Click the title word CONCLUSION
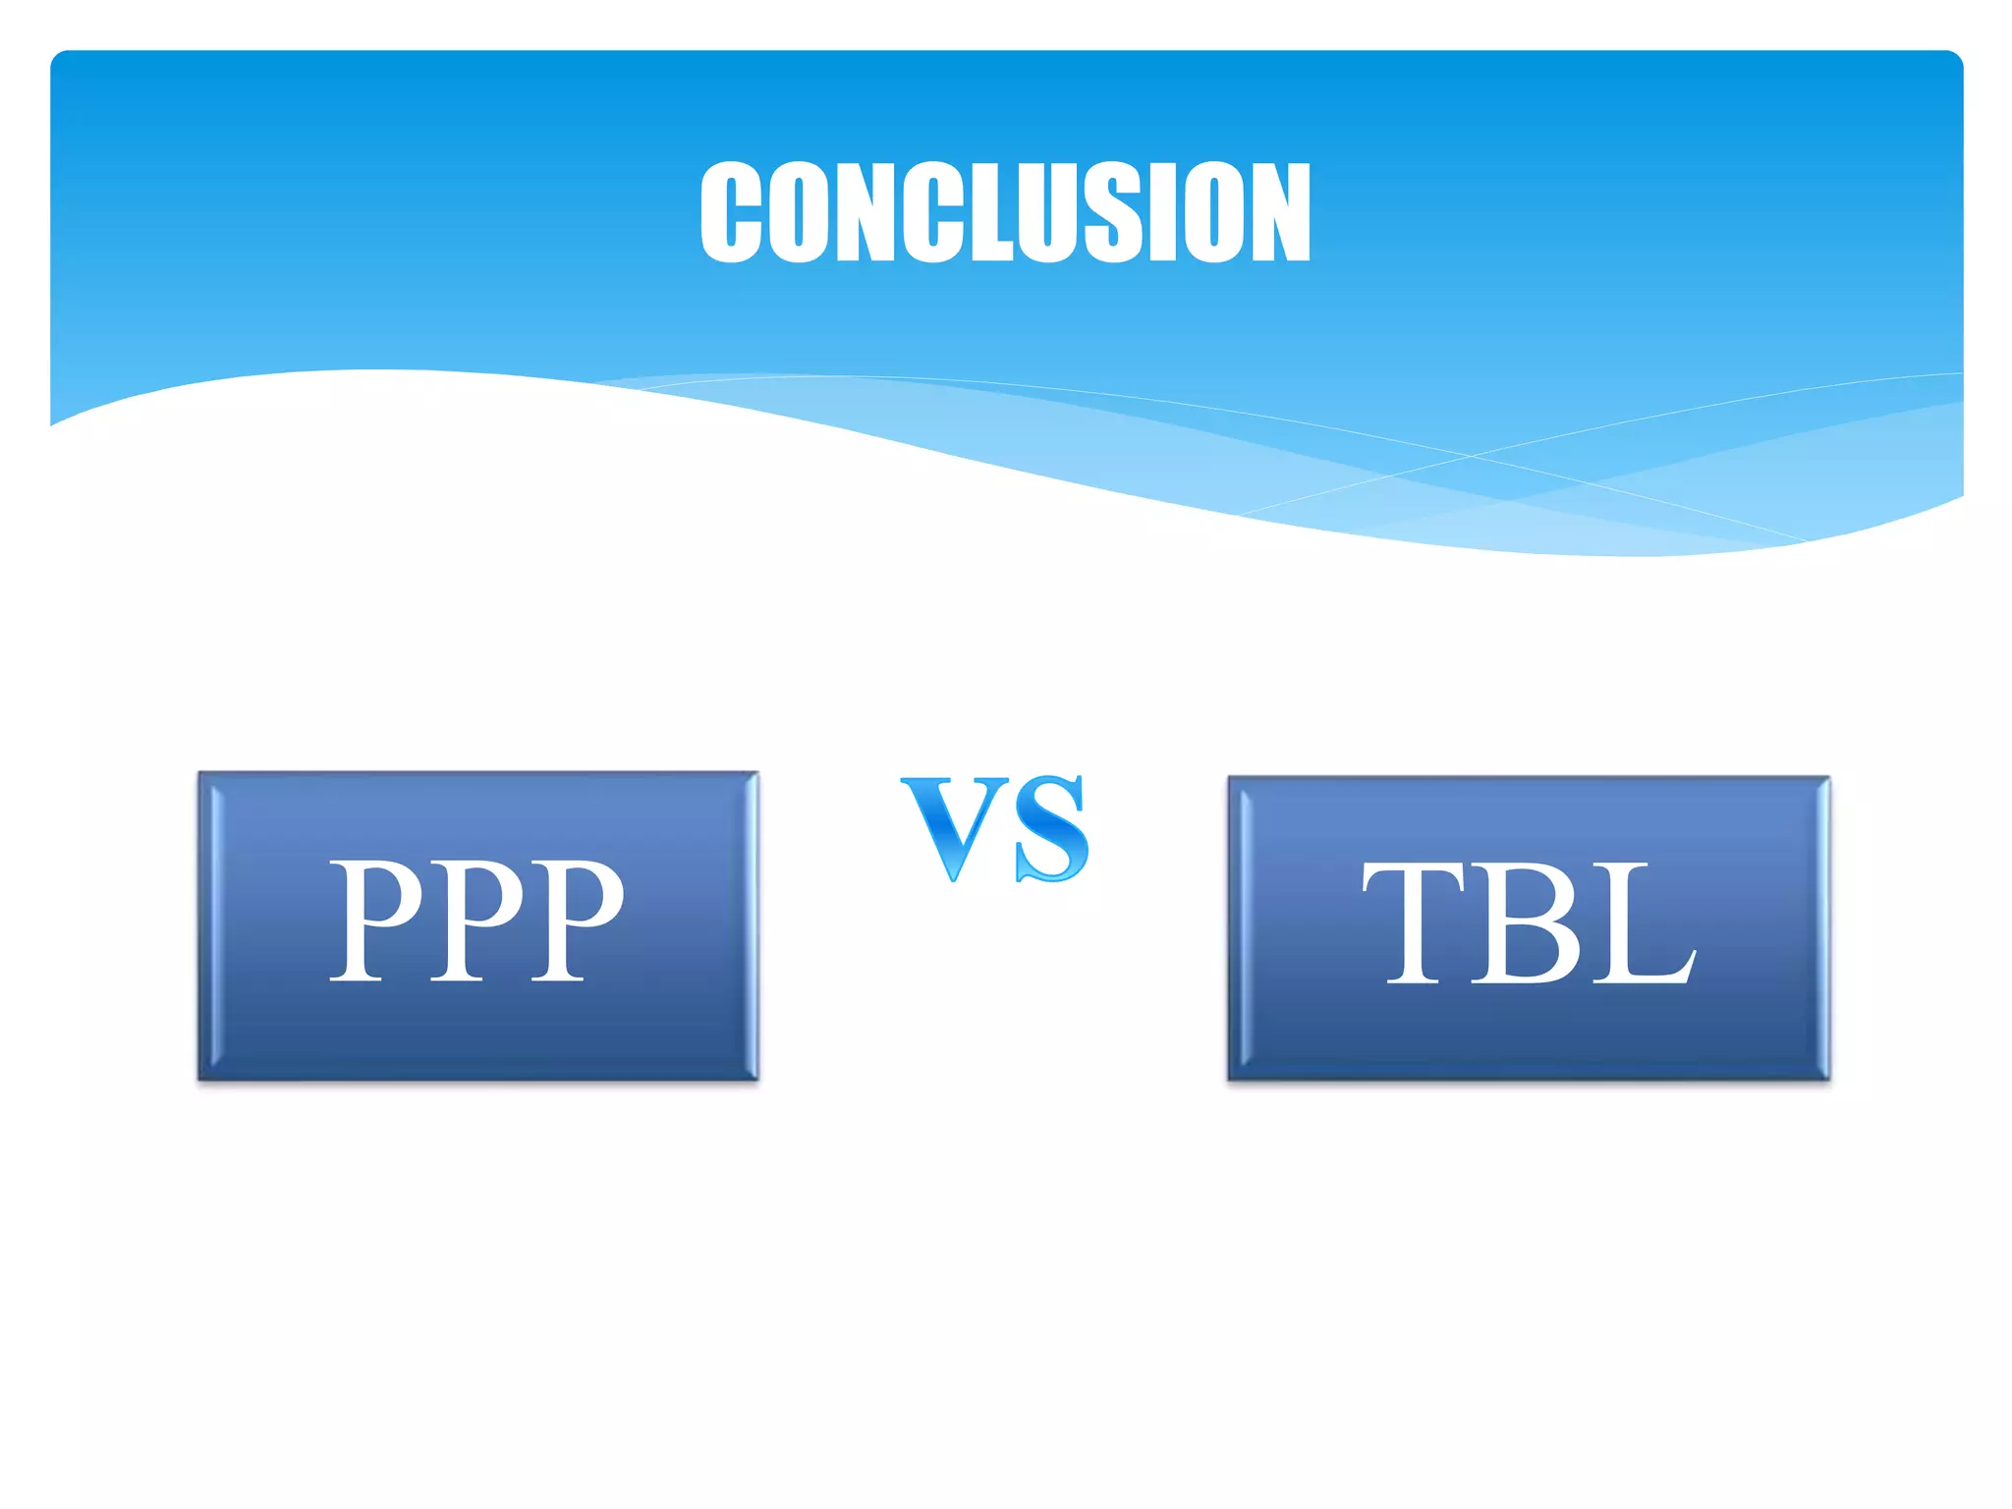pyautogui.click(x=1005, y=212)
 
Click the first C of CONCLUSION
pyautogui.click(x=731, y=212)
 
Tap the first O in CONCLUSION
pyautogui.click(x=797, y=212)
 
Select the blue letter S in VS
pyautogui.click(x=1051, y=828)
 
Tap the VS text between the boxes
pyautogui.click(x=995, y=826)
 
